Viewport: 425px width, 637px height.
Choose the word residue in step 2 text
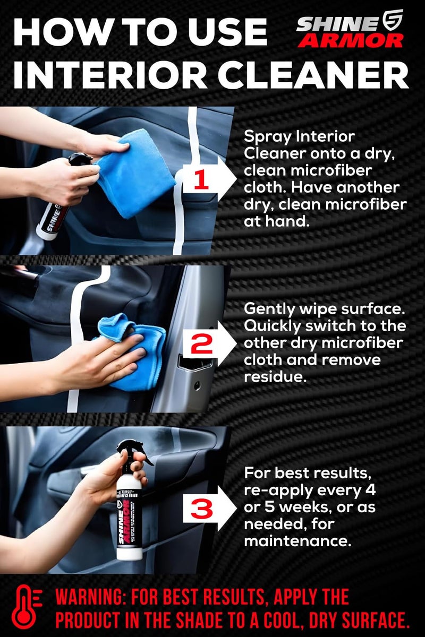(x=269, y=376)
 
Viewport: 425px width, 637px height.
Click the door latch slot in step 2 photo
(x=194, y=364)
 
